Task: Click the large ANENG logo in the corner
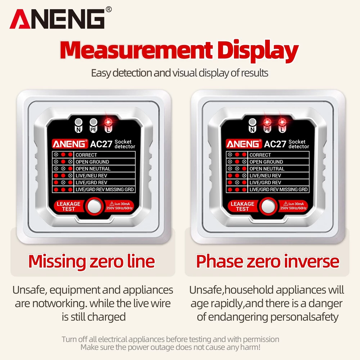[57, 19]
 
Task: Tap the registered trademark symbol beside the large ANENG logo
[109, 9]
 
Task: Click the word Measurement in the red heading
[136, 50]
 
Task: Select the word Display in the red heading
[258, 51]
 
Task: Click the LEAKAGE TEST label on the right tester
[242, 206]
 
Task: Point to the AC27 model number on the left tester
[101, 144]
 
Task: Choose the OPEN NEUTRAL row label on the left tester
[93, 169]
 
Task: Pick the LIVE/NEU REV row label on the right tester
[265, 176]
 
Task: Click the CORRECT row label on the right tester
[260, 155]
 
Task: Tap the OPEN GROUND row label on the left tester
[92, 162]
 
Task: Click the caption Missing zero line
[91, 261]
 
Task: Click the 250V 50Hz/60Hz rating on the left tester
[120, 208]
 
